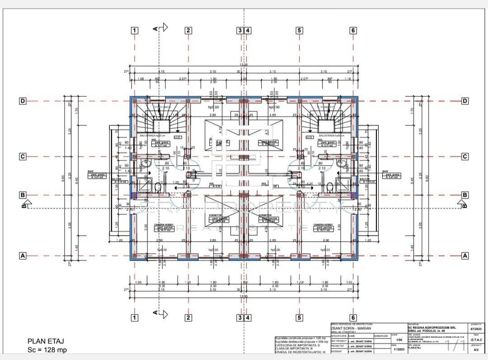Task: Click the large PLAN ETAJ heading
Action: [x=46, y=341]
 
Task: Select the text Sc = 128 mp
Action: [x=47, y=350]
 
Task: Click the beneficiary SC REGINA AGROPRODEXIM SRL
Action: [x=432, y=327]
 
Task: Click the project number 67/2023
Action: [x=476, y=329]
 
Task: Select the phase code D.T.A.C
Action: [x=476, y=340]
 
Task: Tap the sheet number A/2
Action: [x=476, y=350]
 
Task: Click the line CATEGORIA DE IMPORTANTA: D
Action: [x=300, y=345]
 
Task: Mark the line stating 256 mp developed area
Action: [x=300, y=341]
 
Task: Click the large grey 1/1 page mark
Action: [x=455, y=346]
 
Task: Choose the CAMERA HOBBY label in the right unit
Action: [x=323, y=225]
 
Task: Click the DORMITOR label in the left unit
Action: [x=218, y=215]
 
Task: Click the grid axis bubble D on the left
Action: [x=22, y=101]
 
